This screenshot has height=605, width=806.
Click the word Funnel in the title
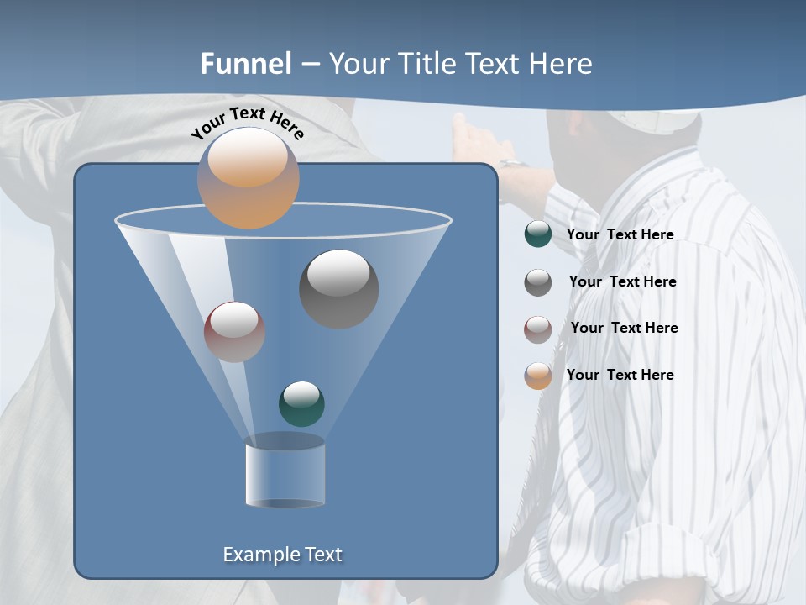[x=246, y=63]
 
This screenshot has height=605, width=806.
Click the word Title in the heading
[x=426, y=63]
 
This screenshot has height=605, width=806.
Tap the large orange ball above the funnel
[x=248, y=177]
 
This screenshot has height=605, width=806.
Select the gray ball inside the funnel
[x=338, y=288]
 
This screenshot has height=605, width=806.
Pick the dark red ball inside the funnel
[x=234, y=331]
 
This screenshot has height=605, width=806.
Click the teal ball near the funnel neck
[x=301, y=403]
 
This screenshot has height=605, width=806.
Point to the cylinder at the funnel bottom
[x=285, y=475]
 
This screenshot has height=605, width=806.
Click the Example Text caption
[x=282, y=555]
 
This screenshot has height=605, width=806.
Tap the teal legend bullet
[x=538, y=234]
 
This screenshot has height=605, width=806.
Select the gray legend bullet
[x=538, y=281]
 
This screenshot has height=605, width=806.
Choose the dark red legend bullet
[x=538, y=329]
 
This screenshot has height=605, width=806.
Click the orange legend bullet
[x=538, y=376]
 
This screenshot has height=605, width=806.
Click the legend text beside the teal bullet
[x=620, y=235]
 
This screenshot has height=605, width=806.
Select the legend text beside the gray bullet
[x=622, y=281]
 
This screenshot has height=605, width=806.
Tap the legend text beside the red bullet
[x=624, y=328]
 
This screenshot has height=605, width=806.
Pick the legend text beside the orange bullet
[x=620, y=375]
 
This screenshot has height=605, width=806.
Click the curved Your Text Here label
[x=247, y=123]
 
